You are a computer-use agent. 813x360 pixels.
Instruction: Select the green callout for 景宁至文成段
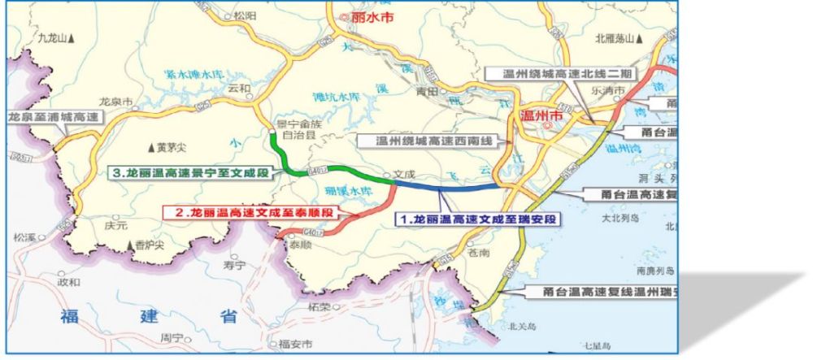(191, 173)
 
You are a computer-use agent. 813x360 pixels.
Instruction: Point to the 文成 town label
(403, 173)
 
